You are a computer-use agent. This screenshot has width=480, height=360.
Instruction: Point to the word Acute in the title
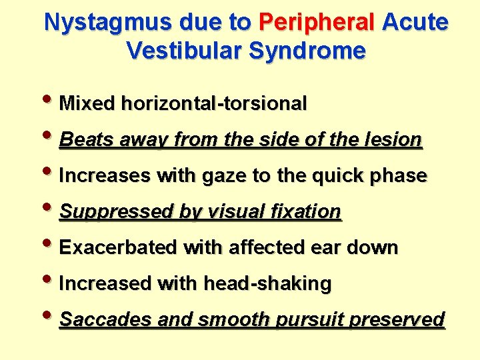click(x=415, y=23)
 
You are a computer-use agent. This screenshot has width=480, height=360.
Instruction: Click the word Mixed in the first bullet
click(x=87, y=104)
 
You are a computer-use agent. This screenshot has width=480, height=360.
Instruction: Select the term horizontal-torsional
click(x=213, y=104)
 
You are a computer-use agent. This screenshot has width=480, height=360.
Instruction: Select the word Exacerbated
click(x=119, y=248)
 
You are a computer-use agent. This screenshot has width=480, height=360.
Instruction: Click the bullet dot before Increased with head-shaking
click(x=51, y=283)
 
